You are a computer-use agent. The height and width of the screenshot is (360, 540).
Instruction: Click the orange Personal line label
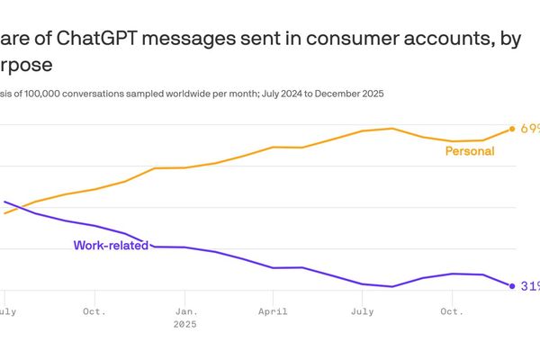pyautogui.click(x=470, y=151)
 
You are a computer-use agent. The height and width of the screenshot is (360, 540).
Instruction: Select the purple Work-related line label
pyautogui.click(x=111, y=245)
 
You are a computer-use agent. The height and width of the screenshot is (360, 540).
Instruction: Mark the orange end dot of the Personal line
pyautogui.click(x=512, y=129)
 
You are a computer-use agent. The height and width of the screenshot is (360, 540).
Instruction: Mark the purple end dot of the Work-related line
pyautogui.click(x=512, y=286)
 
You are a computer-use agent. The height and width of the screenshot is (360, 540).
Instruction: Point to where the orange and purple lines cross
pyautogui.click(x=17, y=208)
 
